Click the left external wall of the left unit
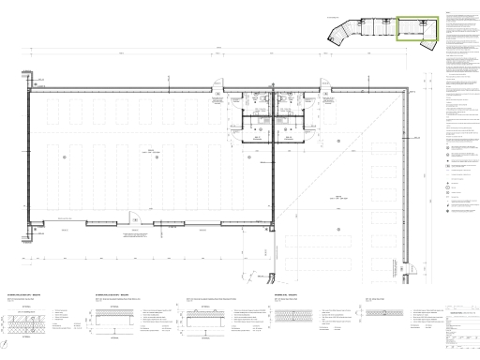pyautogui.click(x=29, y=159)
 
